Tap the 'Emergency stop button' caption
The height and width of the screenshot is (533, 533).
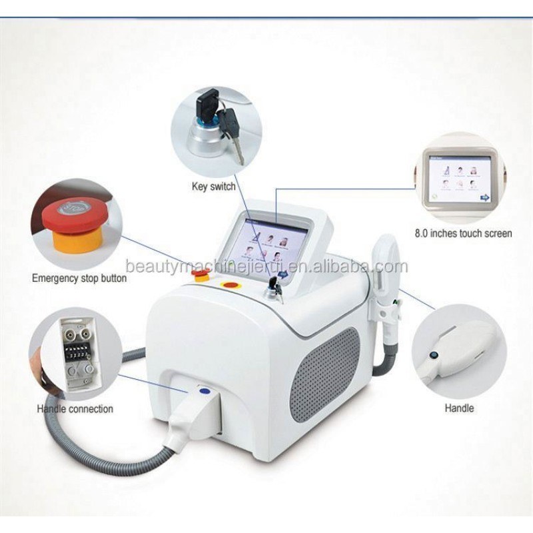point(79,278)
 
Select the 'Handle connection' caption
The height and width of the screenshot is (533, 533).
point(75,408)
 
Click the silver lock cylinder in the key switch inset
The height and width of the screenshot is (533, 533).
point(202,133)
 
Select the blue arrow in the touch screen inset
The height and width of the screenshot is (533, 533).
point(485,197)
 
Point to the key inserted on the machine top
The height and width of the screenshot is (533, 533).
point(273,288)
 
